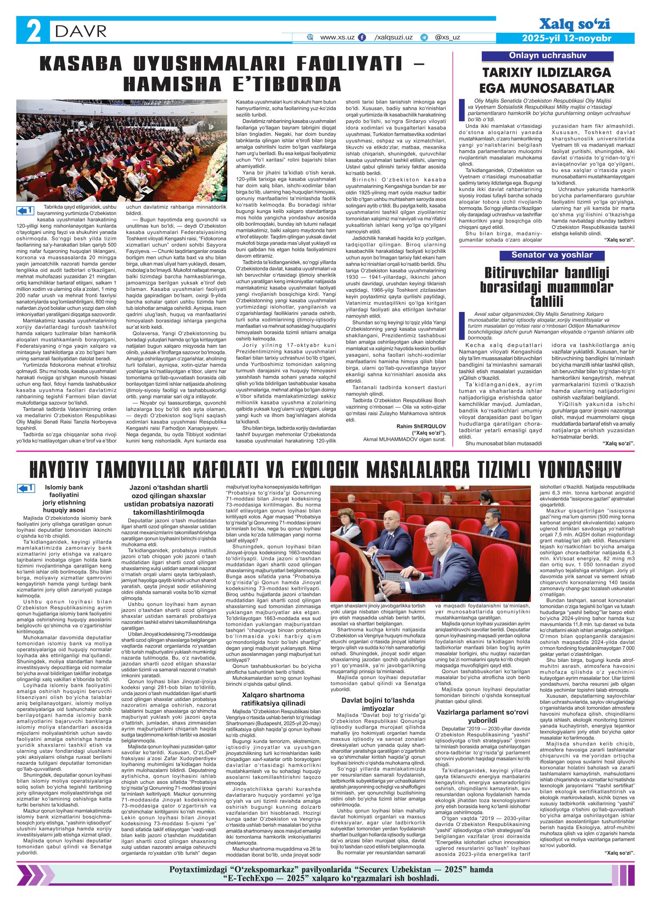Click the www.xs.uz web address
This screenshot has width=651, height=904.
337,37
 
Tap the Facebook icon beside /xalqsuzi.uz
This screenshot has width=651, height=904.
362,38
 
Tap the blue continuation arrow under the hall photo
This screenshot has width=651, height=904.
25,210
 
